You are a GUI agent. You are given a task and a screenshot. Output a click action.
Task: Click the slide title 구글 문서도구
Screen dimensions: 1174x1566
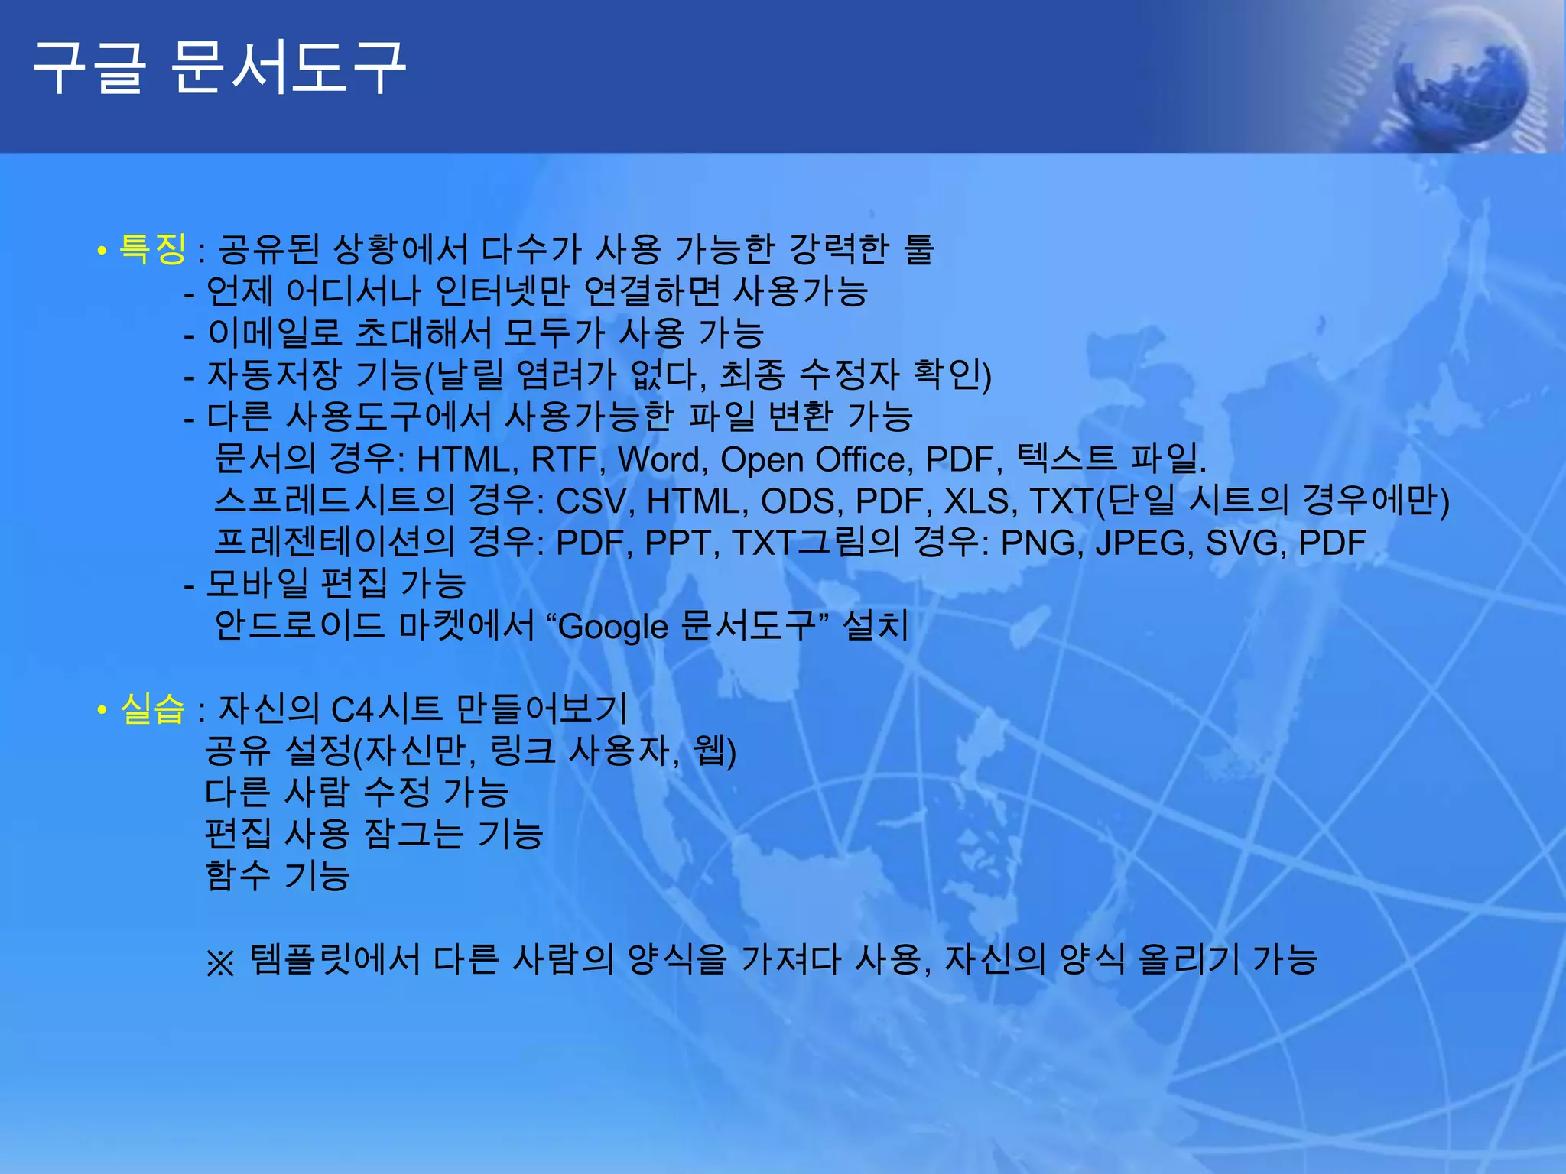[x=219, y=69]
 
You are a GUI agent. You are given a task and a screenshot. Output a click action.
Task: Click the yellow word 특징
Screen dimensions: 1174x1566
[x=152, y=248]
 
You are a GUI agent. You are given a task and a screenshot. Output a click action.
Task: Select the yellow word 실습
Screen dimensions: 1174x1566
[x=152, y=709]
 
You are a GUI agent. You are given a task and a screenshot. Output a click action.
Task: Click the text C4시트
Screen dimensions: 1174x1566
[x=386, y=709]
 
